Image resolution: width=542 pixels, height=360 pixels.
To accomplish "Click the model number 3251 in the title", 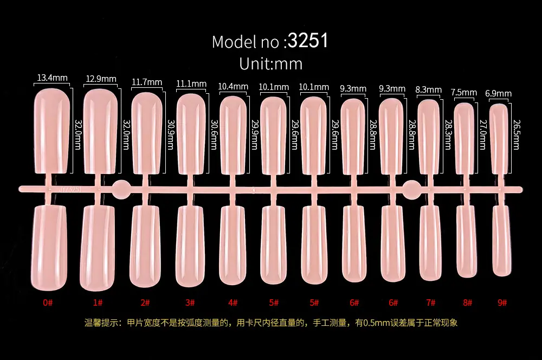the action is click(308, 41).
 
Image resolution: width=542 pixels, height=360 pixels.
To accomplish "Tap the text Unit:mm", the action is click(270, 63).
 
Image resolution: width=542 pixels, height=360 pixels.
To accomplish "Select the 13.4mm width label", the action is click(52, 78).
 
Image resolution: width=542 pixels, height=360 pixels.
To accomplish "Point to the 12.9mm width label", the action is click(101, 79).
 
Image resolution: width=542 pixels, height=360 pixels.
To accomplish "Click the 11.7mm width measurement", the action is click(147, 82).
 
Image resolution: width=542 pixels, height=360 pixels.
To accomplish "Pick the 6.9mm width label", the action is click(498, 93).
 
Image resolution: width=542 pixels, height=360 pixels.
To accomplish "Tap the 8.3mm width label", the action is click(428, 90).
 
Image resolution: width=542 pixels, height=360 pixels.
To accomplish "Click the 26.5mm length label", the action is click(517, 134).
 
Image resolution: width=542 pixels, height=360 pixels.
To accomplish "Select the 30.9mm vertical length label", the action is click(171, 134).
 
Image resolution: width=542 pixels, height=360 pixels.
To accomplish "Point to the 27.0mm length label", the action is click(483, 134).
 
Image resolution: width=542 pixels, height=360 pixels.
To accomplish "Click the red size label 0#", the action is click(48, 303).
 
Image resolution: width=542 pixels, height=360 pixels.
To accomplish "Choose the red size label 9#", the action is click(502, 303).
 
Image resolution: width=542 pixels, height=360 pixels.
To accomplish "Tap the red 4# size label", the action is click(233, 303).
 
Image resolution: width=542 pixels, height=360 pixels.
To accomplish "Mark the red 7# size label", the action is click(430, 303).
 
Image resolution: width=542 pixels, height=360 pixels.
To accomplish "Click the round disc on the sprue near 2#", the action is click(121, 189).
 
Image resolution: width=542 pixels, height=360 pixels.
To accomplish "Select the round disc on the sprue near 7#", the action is click(412, 190).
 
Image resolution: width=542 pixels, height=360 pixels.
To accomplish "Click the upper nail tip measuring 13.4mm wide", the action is click(52, 131).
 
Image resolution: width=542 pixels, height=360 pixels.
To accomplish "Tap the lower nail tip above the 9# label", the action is click(501, 241).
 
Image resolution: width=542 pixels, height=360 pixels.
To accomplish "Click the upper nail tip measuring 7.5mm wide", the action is click(464, 138).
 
